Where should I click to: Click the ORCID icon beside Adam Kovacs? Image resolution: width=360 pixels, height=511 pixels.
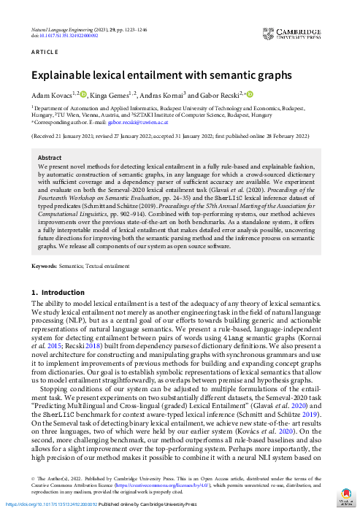pyautogui.click(x=83, y=93)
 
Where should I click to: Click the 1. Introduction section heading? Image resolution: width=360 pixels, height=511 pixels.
pyautogui.click(x=58, y=293)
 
